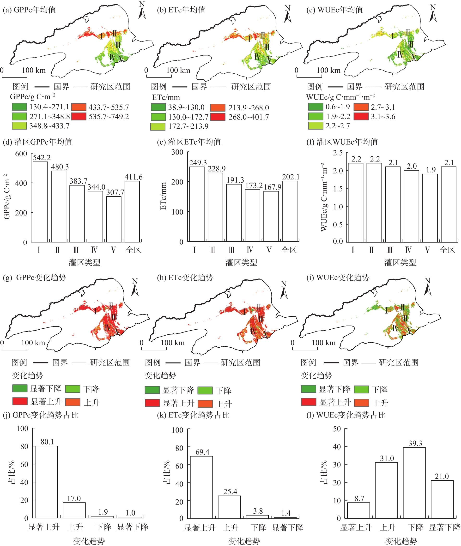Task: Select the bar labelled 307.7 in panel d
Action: point(114,219)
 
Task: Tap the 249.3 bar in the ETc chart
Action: point(197,204)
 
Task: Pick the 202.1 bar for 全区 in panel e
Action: point(290,211)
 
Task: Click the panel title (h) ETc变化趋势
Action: point(185,277)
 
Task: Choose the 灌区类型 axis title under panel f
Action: point(400,262)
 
